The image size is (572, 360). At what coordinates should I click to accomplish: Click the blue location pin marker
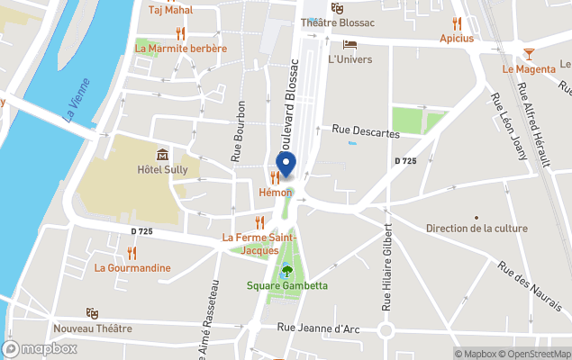[286, 166]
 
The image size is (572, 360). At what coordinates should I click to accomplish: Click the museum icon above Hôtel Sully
[162, 155]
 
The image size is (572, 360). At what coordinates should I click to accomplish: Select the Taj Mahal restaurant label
[171, 10]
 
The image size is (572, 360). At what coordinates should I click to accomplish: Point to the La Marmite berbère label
[180, 49]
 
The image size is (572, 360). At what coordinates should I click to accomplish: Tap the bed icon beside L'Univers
[350, 44]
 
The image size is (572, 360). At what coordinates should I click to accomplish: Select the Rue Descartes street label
[366, 132]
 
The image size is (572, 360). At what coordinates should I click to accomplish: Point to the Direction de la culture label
[477, 229]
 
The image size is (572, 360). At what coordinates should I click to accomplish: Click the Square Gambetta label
[287, 286]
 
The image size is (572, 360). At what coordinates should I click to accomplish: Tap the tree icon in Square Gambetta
[287, 270]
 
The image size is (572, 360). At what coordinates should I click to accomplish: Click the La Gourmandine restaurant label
[132, 267]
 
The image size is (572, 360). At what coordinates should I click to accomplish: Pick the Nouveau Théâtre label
[93, 328]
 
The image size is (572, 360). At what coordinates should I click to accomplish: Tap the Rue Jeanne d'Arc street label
[319, 329]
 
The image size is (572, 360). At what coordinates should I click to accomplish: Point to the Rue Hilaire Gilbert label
[388, 267]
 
